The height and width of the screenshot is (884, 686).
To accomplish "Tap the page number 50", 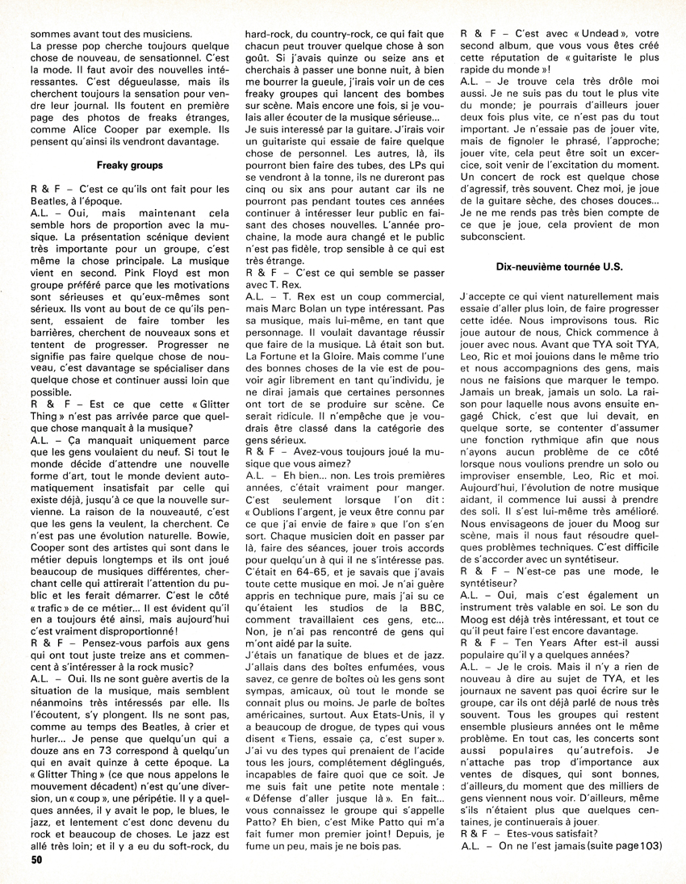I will coord(36,862).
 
